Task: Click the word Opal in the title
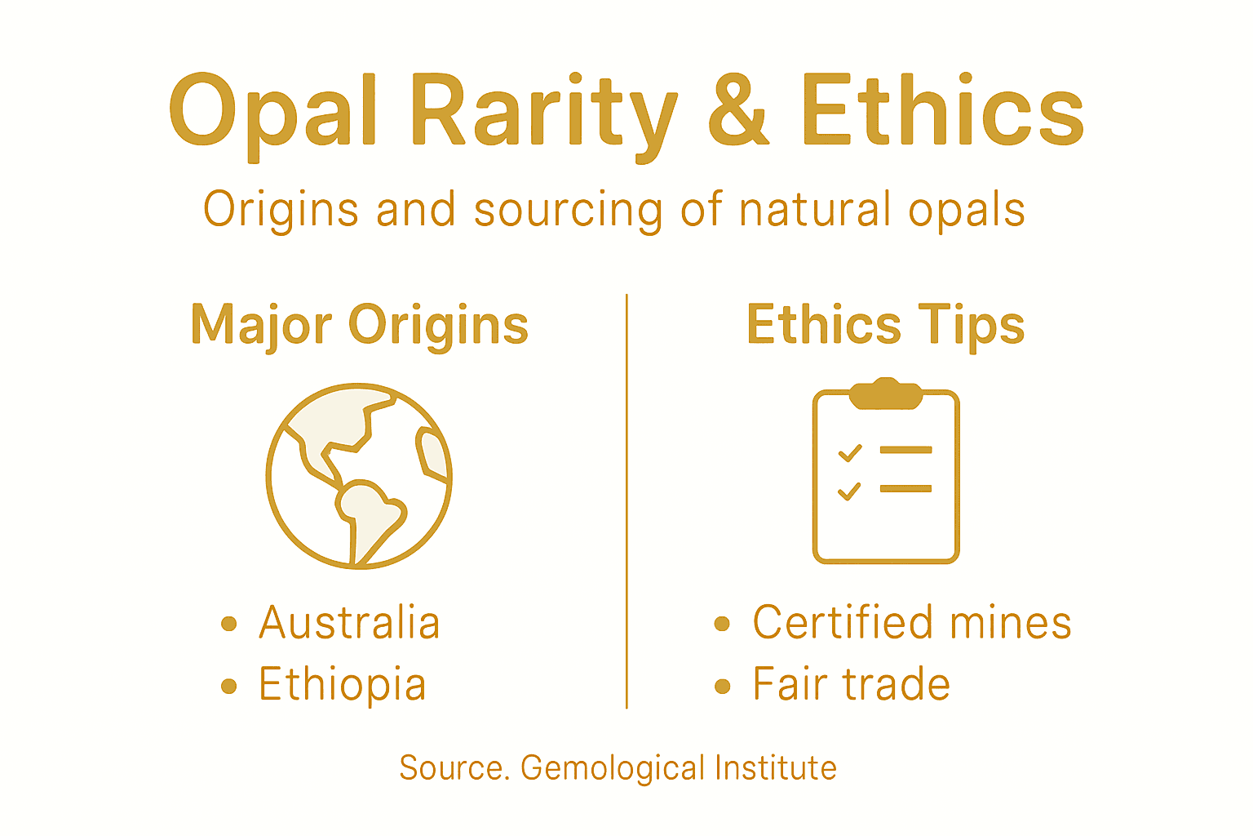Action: coord(273,113)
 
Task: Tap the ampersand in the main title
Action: coord(738,111)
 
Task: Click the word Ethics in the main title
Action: coord(942,111)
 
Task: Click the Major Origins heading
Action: coord(360,325)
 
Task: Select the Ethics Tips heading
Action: coord(885,325)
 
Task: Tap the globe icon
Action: coord(359,476)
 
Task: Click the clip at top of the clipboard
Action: coord(886,393)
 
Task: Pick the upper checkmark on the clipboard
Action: coord(850,451)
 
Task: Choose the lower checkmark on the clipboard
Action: coord(849,490)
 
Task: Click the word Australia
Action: coord(349,623)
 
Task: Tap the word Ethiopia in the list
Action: coord(342,684)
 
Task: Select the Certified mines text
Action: coord(911,623)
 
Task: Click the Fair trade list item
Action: coord(851,684)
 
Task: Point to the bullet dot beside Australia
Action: coord(229,625)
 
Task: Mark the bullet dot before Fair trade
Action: coord(722,686)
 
